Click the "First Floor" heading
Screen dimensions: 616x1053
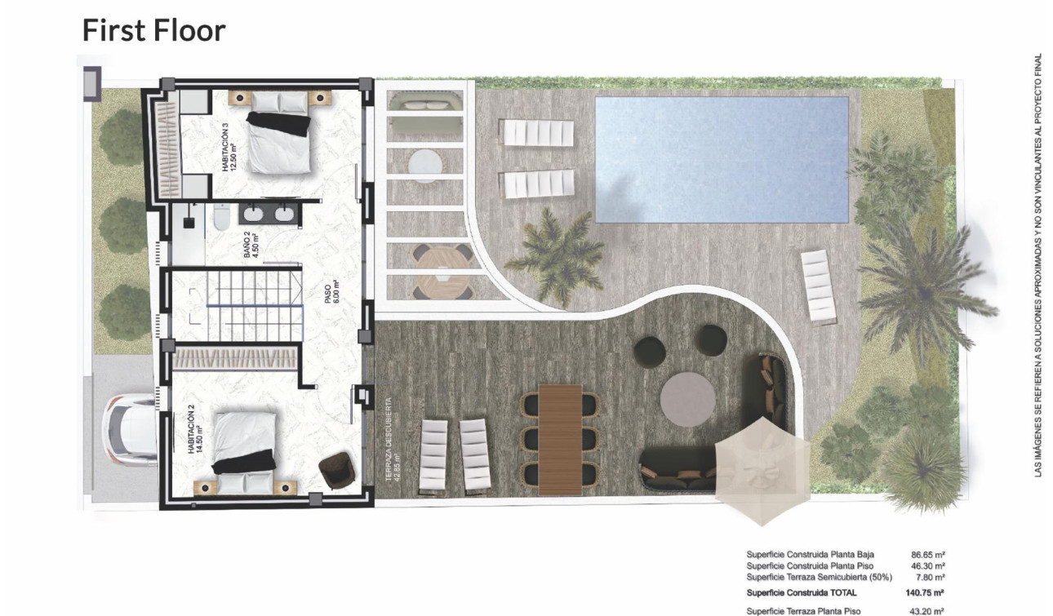153,30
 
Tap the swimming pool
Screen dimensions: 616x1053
722,159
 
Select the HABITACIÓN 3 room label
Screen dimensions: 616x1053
229,148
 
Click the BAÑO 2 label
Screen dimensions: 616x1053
251,244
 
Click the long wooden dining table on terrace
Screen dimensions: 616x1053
561,438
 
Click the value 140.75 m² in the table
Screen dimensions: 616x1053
925,593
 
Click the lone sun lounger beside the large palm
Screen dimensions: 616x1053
819,286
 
